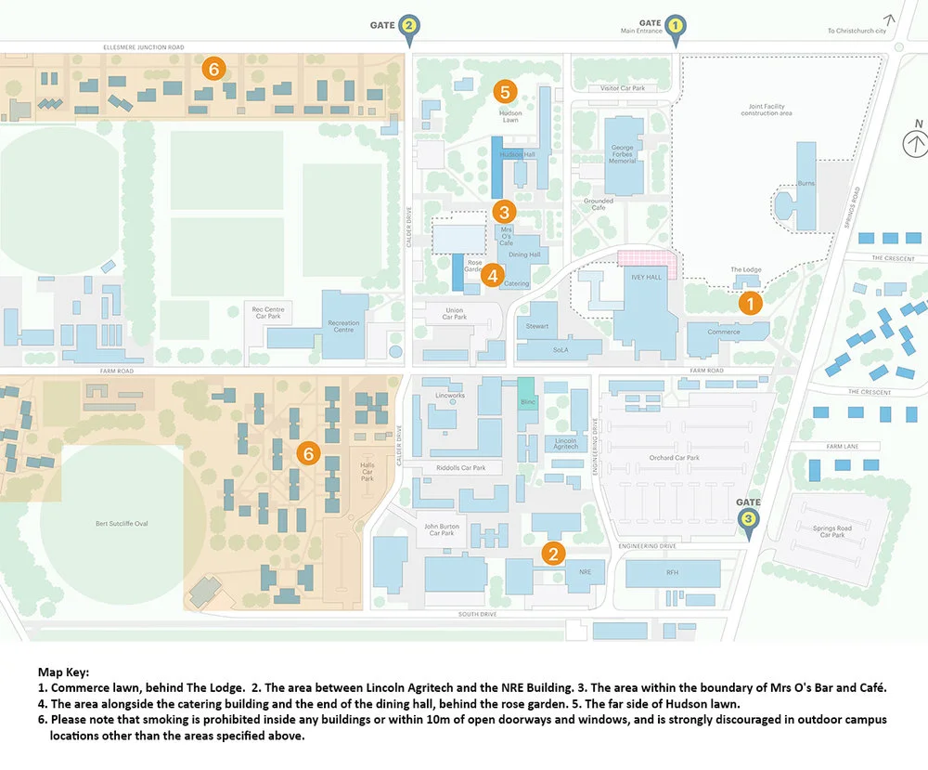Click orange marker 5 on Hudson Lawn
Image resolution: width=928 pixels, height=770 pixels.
coord(504,91)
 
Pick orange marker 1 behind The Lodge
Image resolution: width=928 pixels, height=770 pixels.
coord(750,302)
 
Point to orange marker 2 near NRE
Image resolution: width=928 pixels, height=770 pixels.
coord(553,555)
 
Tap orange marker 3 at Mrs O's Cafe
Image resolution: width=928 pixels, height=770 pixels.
coord(504,212)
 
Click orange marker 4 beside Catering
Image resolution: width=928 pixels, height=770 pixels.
coord(493,275)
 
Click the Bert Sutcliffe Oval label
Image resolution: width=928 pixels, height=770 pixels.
coord(122,524)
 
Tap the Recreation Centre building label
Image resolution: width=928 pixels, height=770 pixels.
coord(343,327)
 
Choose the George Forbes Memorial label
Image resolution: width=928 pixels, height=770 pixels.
coord(623,155)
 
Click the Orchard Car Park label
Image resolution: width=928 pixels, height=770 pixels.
coord(675,458)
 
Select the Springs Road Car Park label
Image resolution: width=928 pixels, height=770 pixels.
coord(832,531)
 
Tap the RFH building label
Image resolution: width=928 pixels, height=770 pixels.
coord(672,572)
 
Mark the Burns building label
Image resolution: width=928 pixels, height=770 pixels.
coord(806,183)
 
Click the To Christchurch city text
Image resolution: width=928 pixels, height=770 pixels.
coord(857,31)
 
